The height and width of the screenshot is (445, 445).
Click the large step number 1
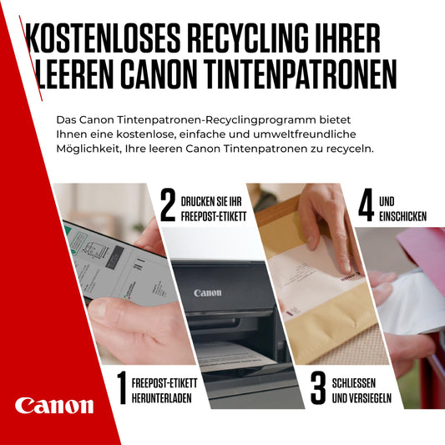[121, 389]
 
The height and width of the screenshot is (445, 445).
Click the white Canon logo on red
[54, 406]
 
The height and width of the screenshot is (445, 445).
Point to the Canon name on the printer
[208, 293]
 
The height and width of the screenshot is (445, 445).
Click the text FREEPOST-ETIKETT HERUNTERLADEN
[164, 390]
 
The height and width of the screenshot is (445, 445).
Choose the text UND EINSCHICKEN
[402, 209]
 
